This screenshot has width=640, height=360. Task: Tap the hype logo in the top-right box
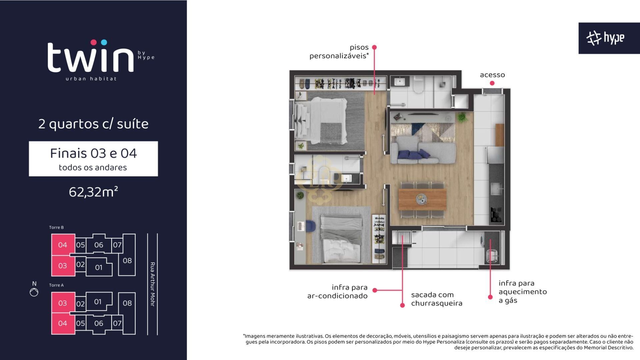(x=605, y=38)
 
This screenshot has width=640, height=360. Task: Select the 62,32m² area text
(x=93, y=192)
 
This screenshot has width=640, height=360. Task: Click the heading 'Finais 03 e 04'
(x=93, y=153)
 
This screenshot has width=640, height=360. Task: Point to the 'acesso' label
(x=492, y=75)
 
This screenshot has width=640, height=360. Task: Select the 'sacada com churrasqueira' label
(x=437, y=299)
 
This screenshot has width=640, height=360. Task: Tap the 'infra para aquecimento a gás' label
(x=523, y=292)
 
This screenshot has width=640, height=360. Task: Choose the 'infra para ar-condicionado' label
(x=337, y=292)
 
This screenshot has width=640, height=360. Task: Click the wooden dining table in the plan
(x=423, y=199)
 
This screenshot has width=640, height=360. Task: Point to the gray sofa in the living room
(x=423, y=153)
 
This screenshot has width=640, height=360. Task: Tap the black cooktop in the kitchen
(x=495, y=215)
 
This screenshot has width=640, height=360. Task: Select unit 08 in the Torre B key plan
(x=127, y=260)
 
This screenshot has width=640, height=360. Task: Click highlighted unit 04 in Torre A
(x=63, y=323)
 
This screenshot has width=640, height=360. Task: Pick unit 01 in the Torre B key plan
(x=99, y=267)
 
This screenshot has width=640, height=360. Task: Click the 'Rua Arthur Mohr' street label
(x=153, y=284)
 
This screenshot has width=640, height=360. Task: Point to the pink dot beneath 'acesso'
(x=492, y=83)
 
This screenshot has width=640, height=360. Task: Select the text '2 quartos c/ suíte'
(x=93, y=124)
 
